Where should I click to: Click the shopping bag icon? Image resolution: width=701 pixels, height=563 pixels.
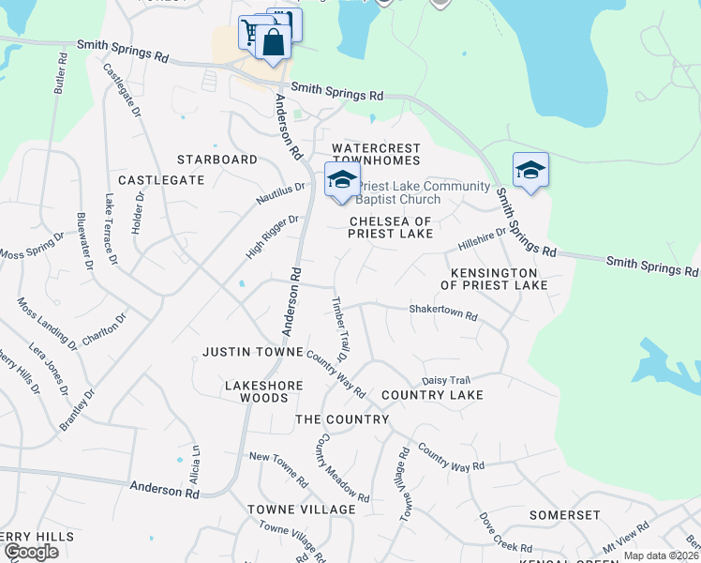click(x=272, y=43)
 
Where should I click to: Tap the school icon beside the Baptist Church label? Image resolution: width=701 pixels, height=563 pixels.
click(x=342, y=179)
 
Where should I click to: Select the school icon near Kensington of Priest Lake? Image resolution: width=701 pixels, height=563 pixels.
click(x=530, y=170)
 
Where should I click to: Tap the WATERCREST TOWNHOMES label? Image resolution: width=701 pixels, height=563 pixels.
click(x=376, y=155)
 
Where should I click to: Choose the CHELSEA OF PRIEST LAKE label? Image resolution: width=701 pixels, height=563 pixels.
click(x=391, y=227)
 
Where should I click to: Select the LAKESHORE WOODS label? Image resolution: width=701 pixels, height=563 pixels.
click(x=256, y=391)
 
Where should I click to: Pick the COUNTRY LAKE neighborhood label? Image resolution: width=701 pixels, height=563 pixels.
click(x=432, y=395)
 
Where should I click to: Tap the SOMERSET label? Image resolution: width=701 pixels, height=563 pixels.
click(x=564, y=515)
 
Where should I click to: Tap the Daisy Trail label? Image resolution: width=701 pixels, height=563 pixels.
click(x=445, y=380)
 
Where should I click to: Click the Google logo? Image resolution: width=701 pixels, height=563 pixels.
click(x=31, y=551)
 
